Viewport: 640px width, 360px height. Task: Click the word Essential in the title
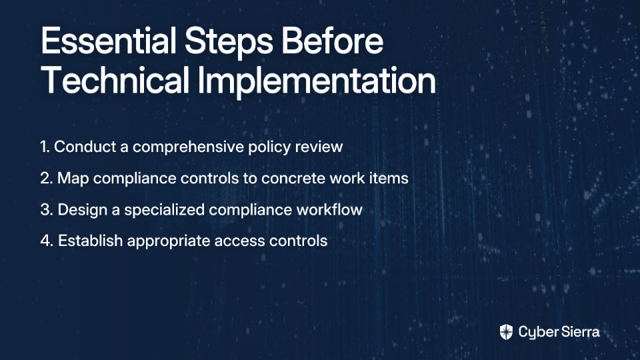click(108, 41)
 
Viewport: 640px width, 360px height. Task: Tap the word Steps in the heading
click(229, 42)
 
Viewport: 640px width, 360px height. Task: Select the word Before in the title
click(332, 41)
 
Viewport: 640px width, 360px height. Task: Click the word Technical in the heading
click(115, 80)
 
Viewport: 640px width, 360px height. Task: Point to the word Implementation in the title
click(317, 81)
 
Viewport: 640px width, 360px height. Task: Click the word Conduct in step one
click(85, 147)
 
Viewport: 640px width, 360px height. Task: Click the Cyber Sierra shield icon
click(506, 332)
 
